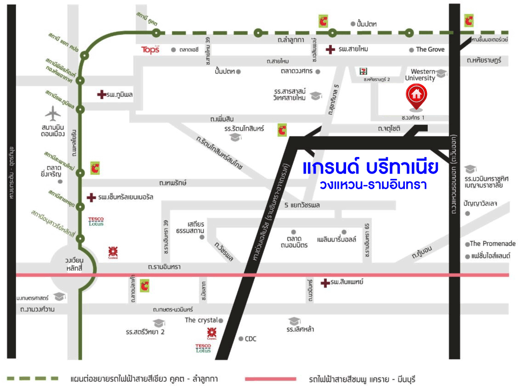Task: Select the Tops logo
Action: [x=151, y=50]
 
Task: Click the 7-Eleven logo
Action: [x=364, y=71]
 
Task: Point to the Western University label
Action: [x=423, y=75]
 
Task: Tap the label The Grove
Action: [x=430, y=50]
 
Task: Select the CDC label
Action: [x=251, y=339]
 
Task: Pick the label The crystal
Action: [x=201, y=320]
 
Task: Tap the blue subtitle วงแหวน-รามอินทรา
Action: [x=374, y=185]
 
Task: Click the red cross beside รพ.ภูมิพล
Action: [x=101, y=95]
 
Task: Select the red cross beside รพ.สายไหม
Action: [x=330, y=50]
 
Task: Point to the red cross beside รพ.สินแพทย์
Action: [x=325, y=282]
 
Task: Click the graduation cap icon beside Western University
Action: [x=441, y=73]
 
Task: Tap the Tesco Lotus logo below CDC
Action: [x=203, y=348]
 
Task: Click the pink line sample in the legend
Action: [x=270, y=379]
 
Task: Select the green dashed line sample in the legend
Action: [x=33, y=379]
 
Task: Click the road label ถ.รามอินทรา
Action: [x=164, y=267]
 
